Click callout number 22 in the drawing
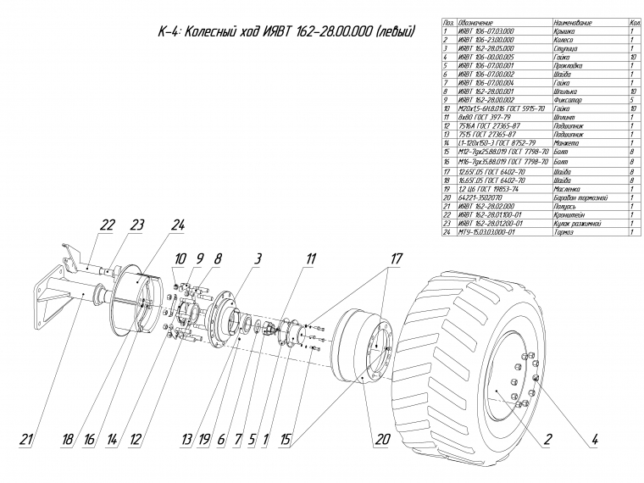107,225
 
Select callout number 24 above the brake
177,225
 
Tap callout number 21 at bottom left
28,440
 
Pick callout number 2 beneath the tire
547,440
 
